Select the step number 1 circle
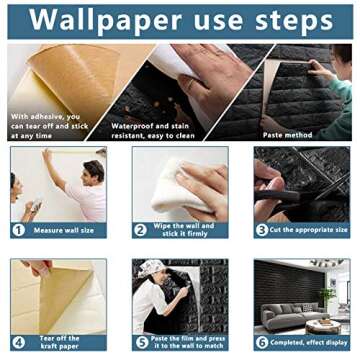(x=18, y=229)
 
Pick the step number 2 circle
(x=141, y=229)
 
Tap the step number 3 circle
(x=262, y=229)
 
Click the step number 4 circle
(x=18, y=341)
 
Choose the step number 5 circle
(x=141, y=341)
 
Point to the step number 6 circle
(x=262, y=341)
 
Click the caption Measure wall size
(x=65, y=229)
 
